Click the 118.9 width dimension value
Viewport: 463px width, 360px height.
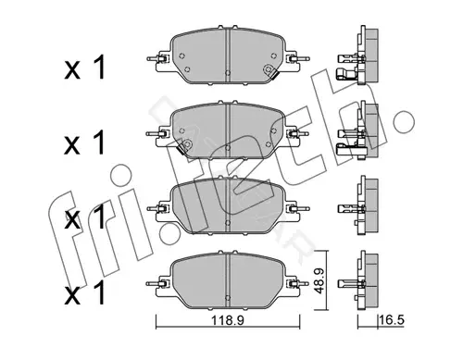pyautogui.click(x=228, y=320)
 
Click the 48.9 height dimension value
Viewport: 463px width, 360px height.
pyautogui.click(x=319, y=280)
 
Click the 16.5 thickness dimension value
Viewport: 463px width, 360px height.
pyautogui.click(x=392, y=320)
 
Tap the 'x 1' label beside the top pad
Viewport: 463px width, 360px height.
pyautogui.click(x=85, y=68)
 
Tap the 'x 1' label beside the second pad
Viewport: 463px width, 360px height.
pyautogui.click(x=85, y=143)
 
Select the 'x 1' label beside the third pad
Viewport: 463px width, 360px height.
pyautogui.click(x=85, y=217)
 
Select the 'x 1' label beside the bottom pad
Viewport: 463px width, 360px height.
pyautogui.click(x=85, y=292)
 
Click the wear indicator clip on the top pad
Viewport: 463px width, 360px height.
pyautogui.click(x=270, y=71)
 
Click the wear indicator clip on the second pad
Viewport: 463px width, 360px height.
pyautogui.click(x=184, y=146)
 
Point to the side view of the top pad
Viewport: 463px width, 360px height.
pyautogui.click(x=358, y=55)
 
